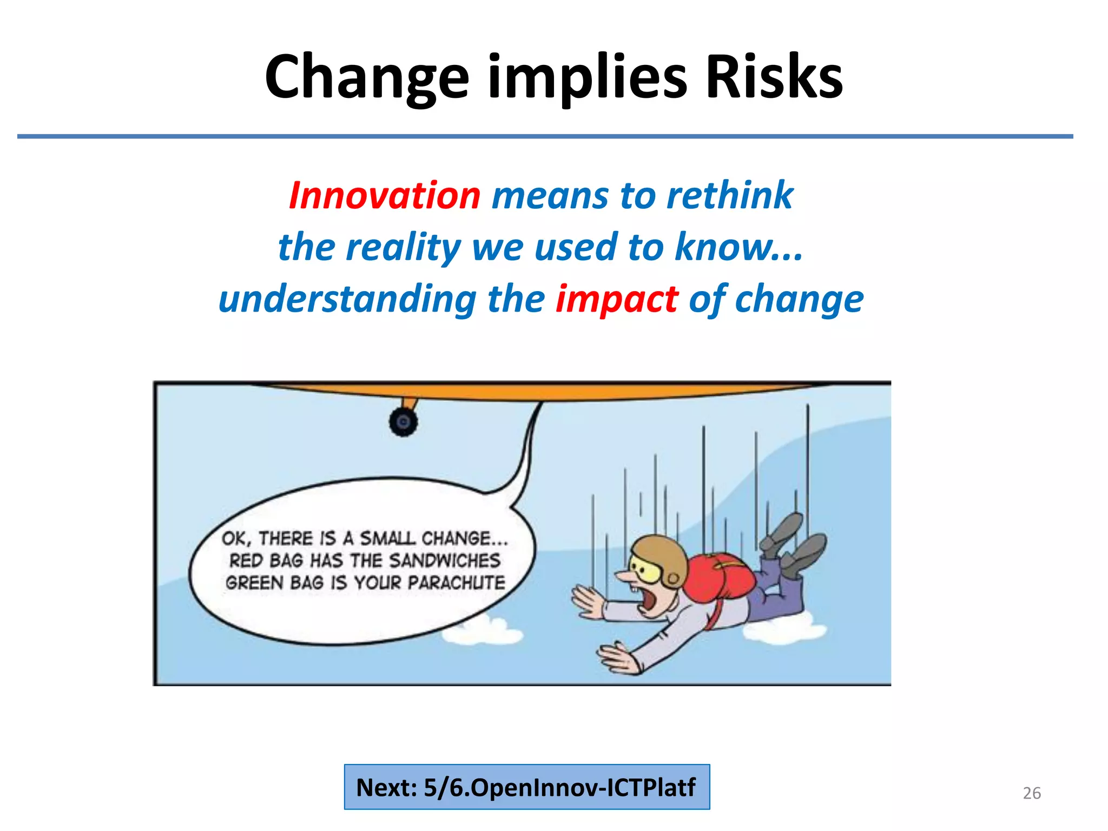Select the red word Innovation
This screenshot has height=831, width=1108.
(x=385, y=195)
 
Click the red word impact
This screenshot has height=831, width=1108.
(x=616, y=299)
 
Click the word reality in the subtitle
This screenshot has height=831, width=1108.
(x=403, y=247)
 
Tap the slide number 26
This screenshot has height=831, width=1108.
(x=1031, y=793)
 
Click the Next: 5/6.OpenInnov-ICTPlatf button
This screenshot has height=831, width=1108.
(x=527, y=787)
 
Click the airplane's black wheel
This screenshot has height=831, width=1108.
(x=403, y=423)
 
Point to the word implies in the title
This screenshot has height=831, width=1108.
(x=587, y=77)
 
